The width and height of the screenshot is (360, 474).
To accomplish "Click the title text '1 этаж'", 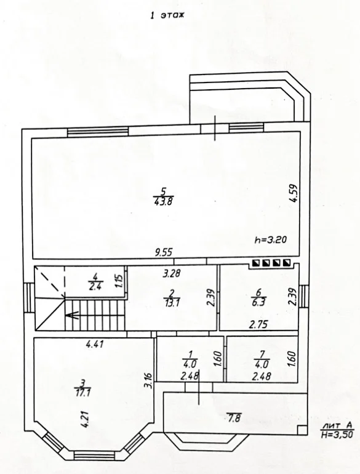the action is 167,15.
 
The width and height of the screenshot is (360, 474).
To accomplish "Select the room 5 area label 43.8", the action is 163,201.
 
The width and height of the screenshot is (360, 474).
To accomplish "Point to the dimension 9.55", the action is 163,252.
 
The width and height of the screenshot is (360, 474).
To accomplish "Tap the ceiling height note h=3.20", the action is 271,239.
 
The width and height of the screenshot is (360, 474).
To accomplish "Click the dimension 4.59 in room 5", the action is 293,193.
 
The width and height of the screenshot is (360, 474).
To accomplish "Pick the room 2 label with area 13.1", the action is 172,298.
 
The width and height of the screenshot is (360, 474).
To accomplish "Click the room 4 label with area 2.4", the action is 95,281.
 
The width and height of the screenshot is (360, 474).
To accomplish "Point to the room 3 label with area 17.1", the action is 82,388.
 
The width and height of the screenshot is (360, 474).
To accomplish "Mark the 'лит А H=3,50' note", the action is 337,430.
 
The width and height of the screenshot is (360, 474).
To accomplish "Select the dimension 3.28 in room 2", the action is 172,273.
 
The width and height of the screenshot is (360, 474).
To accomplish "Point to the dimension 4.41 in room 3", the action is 95,343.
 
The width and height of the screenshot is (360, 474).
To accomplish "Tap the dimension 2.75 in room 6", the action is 258,324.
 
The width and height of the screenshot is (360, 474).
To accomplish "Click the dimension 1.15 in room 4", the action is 119,281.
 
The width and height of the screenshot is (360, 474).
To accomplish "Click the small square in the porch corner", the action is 302,430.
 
